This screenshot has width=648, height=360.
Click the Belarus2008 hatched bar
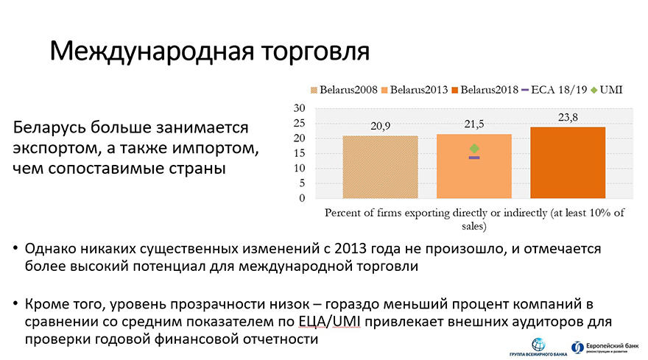click(x=380, y=167)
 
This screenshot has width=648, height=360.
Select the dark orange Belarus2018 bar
click(x=568, y=163)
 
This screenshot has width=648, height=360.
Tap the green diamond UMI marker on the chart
click(x=474, y=149)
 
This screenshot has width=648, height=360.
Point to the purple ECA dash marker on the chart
click(x=474, y=158)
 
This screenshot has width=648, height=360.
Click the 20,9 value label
click(x=380, y=126)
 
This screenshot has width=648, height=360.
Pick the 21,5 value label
click(x=474, y=124)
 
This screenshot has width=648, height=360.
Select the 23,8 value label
click(x=568, y=117)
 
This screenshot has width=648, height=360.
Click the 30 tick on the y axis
click(x=299, y=108)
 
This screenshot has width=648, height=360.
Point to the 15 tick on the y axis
click(x=299, y=153)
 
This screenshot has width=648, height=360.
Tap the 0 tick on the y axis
click(x=302, y=198)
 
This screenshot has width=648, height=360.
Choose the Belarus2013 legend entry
click(x=415, y=90)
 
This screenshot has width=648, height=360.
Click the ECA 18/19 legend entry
click(x=554, y=90)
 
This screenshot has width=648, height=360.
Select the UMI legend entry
click(x=607, y=90)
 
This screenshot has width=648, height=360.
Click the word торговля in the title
click(x=315, y=52)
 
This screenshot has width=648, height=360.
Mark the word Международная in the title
click(x=152, y=52)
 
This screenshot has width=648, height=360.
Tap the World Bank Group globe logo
click(x=538, y=345)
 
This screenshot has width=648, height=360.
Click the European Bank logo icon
click(x=577, y=347)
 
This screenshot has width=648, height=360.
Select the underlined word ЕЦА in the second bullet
click(x=312, y=322)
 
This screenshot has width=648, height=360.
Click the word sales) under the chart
click(x=474, y=226)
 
